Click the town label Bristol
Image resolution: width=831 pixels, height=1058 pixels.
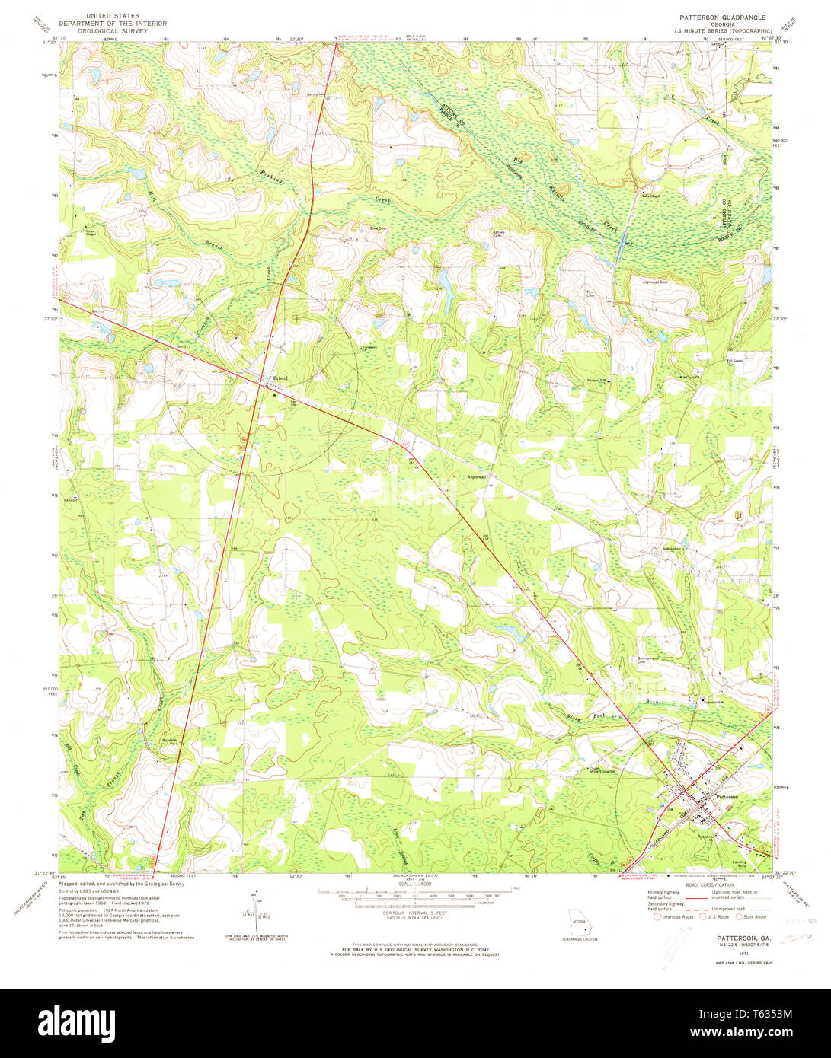[x=283, y=378]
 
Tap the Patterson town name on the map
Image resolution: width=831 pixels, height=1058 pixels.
[x=727, y=796]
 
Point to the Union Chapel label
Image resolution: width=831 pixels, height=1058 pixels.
[x=91, y=232]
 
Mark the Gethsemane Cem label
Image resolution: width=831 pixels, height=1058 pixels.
[x=650, y=659]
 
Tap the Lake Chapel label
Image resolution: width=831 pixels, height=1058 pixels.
[x=650, y=195]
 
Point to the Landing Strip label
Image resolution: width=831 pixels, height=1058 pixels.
[x=739, y=862]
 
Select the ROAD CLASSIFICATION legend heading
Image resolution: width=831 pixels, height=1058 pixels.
[x=711, y=884]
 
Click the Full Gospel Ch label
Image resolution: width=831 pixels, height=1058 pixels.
[x=734, y=362]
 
